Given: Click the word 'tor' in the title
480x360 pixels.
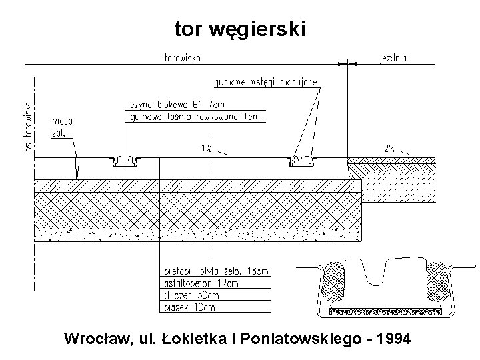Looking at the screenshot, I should point(188,29).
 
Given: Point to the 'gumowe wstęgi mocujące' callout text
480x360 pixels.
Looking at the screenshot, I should point(265,83).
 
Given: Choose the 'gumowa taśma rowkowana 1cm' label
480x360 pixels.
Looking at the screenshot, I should point(193,117).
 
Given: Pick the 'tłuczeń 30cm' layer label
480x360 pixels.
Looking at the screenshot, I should point(190,295).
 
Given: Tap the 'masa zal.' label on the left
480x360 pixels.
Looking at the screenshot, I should point(62,127).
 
